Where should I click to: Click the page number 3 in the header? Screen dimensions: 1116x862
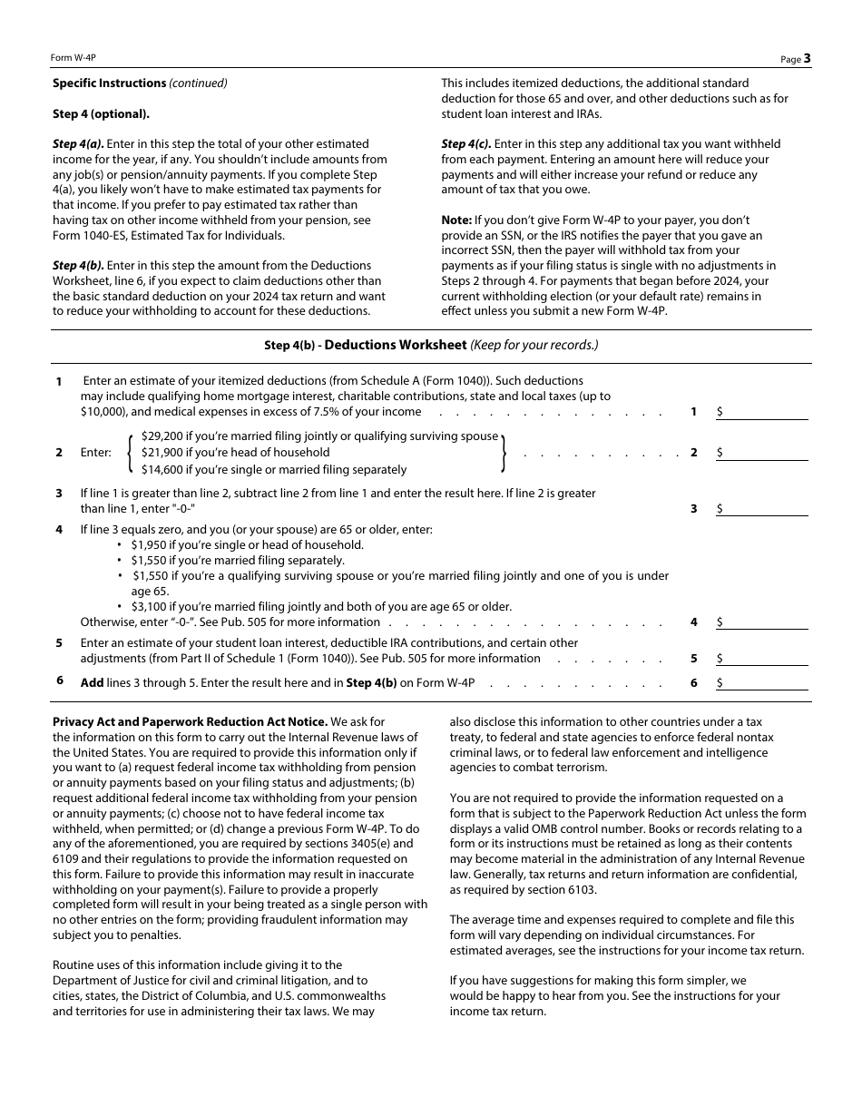click(807, 58)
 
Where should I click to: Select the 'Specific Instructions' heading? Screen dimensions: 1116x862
click(109, 83)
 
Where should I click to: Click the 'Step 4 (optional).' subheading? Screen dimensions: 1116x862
click(101, 114)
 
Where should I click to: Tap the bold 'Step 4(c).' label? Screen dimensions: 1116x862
click(466, 144)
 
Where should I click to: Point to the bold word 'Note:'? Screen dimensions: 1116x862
click(456, 220)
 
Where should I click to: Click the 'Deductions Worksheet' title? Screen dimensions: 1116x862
click(395, 345)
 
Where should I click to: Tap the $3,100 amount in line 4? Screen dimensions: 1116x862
click(149, 607)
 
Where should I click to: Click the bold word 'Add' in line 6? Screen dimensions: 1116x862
click(92, 683)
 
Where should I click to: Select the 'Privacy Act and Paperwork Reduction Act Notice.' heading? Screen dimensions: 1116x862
click(190, 722)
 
